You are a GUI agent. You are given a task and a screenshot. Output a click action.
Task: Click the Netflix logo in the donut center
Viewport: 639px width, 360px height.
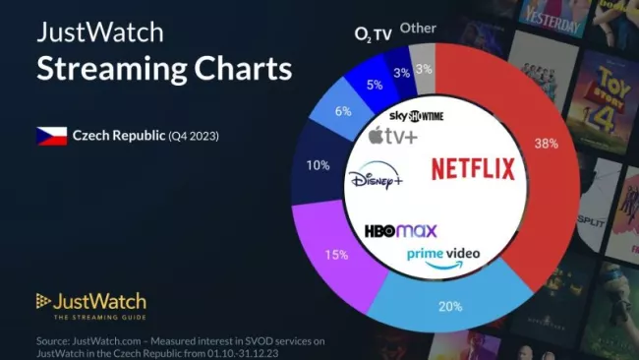(x=473, y=169)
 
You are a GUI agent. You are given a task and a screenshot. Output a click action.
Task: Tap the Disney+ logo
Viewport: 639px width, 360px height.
(x=376, y=181)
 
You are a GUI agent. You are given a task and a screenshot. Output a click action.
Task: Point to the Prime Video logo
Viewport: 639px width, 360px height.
(x=443, y=256)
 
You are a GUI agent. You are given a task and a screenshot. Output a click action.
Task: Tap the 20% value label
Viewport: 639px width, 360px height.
(x=451, y=306)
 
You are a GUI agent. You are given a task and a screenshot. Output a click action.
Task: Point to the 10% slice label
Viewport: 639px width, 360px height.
(x=319, y=165)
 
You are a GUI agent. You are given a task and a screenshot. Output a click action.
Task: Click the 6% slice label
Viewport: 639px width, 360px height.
(x=343, y=112)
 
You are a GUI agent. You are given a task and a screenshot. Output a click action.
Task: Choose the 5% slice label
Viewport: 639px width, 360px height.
(x=375, y=85)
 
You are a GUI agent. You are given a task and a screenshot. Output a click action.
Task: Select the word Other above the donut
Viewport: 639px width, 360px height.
(x=419, y=29)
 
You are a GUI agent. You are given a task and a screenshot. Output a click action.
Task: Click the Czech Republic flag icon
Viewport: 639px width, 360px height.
(x=50, y=136)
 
